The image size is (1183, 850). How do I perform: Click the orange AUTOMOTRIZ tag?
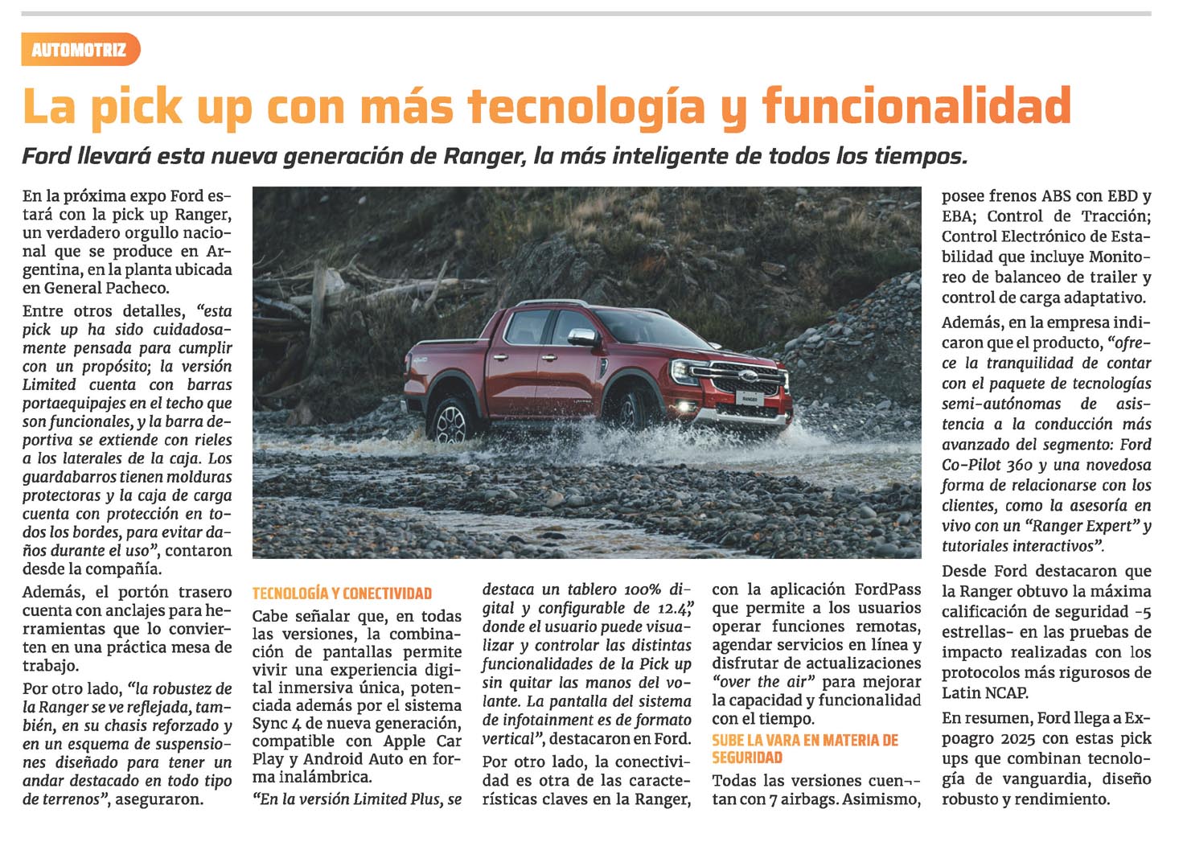(x=80, y=50)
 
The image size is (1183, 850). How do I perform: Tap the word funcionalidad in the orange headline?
(x=916, y=106)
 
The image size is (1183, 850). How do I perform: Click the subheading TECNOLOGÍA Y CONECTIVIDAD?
(x=342, y=593)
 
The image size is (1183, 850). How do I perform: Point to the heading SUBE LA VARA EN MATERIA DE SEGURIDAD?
(x=804, y=749)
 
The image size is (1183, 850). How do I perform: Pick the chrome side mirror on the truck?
(x=581, y=337)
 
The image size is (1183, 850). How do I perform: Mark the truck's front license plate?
(x=748, y=398)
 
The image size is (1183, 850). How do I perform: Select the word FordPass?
(x=888, y=589)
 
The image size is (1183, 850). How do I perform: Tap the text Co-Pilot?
(x=971, y=465)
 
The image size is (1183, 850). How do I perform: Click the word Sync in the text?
(x=270, y=722)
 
